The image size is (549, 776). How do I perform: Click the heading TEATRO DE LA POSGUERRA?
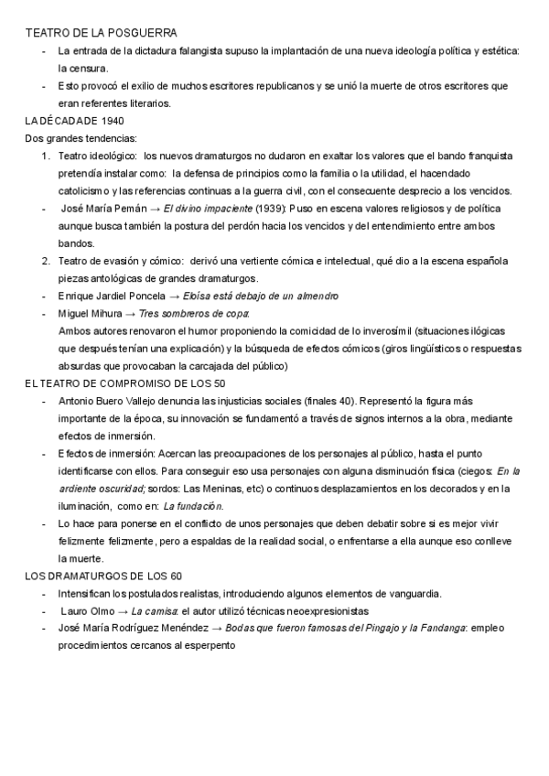click(89, 33)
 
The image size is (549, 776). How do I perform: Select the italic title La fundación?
click(192, 506)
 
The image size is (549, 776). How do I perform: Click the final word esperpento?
click(210, 645)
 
